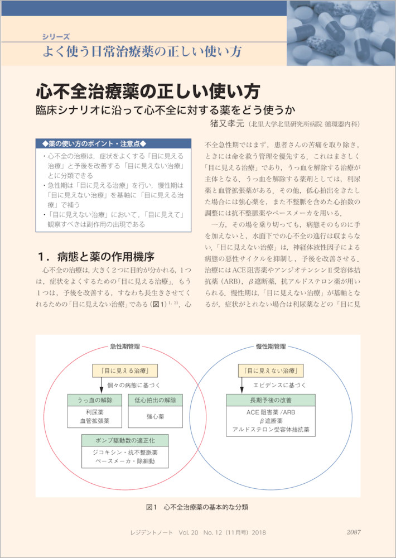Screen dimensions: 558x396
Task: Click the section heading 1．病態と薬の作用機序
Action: (x=95, y=257)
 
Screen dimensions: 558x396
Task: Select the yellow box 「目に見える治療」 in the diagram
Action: (x=124, y=370)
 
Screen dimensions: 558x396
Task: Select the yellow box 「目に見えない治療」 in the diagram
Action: (x=271, y=370)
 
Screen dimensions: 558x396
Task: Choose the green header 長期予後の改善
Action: (x=271, y=400)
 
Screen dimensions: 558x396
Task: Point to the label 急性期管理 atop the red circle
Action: (x=124, y=347)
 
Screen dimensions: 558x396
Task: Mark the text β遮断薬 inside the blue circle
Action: (x=271, y=421)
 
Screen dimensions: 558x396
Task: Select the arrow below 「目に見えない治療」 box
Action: (x=248, y=385)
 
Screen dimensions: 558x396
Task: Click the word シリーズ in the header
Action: (x=56, y=37)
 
